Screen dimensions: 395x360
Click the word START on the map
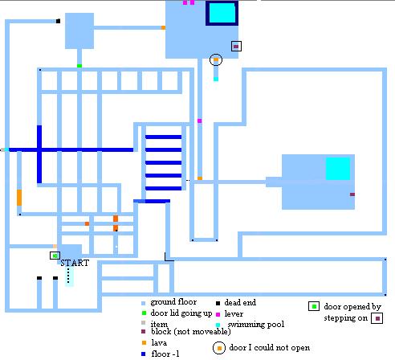click(x=75, y=263)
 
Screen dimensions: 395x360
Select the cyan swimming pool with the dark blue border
click(x=222, y=13)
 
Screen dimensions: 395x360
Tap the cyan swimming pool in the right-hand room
click(x=338, y=169)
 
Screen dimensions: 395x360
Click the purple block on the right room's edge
click(x=352, y=194)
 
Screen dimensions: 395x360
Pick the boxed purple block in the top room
click(x=236, y=47)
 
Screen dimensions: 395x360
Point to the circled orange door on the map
click(x=216, y=59)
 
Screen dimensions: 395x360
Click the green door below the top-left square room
click(x=79, y=66)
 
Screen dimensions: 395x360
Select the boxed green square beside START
click(x=55, y=256)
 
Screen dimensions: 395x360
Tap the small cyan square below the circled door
click(x=216, y=79)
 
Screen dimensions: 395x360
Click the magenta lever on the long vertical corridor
click(x=200, y=121)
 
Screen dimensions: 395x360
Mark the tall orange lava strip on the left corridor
click(x=19, y=198)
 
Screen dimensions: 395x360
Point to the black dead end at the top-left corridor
click(x=58, y=21)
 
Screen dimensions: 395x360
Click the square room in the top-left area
click(x=79, y=31)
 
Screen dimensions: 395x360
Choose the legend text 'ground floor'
click(x=173, y=302)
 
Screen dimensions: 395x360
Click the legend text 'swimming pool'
click(x=256, y=325)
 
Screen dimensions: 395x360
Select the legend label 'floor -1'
click(x=165, y=354)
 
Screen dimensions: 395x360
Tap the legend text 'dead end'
click(x=240, y=302)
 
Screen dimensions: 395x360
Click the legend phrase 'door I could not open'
click(x=270, y=348)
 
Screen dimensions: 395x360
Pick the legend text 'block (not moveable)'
click(x=191, y=332)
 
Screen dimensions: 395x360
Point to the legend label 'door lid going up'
click(x=181, y=313)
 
